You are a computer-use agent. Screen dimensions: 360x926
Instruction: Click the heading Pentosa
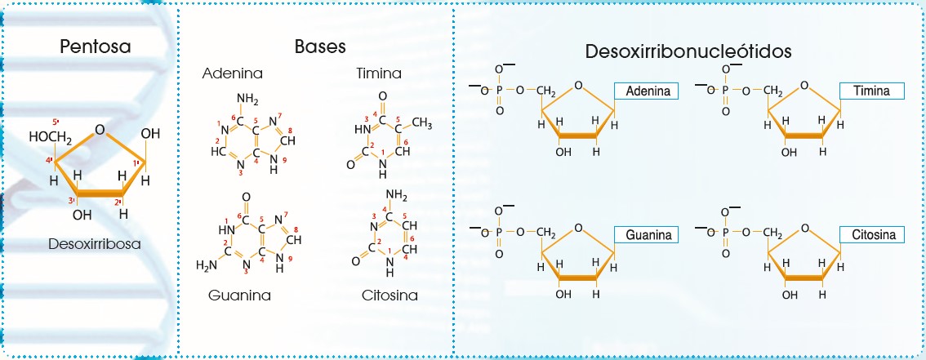coord(96,47)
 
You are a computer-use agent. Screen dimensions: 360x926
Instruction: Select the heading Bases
coord(320,46)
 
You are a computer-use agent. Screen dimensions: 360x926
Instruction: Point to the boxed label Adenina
coord(648,91)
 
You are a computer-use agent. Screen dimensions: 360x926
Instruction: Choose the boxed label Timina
coord(871,91)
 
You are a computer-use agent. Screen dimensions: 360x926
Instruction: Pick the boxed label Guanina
coord(648,235)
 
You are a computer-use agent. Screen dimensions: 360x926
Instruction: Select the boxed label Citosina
coord(871,235)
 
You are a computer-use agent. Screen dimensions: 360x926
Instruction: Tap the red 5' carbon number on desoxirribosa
coord(56,122)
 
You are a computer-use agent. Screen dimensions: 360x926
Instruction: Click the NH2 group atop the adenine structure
coord(247,100)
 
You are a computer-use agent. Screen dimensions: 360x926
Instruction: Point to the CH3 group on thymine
coord(421,122)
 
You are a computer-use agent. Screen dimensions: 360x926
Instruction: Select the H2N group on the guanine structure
coord(208,265)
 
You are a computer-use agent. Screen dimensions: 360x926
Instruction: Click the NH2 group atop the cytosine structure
coord(395,193)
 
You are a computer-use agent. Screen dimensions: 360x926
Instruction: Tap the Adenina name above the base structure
coord(229,74)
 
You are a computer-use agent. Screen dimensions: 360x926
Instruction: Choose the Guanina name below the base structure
coord(238,295)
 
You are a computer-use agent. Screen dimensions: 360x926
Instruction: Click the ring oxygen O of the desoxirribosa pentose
coord(100,129)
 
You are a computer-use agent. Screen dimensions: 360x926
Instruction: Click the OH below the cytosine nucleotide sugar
coord(790,296)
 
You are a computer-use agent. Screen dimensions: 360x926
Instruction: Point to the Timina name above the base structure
coord(379,74)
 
